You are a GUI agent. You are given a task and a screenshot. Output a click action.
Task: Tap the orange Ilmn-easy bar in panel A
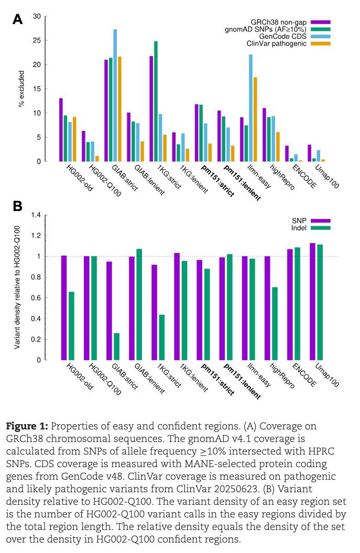tap(255, 119)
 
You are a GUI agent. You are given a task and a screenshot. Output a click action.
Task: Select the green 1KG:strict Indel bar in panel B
tap(162, 337)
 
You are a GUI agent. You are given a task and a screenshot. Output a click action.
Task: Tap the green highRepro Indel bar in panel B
tap(275, 323)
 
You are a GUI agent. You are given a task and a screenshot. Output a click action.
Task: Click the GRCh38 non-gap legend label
tap(279, 22)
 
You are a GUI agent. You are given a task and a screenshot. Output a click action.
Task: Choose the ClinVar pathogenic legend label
tap(277, 43)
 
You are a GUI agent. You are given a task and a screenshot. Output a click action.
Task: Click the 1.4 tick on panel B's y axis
tap(36, 215)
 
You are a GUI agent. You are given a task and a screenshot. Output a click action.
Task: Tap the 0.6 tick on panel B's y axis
tap(36, 298)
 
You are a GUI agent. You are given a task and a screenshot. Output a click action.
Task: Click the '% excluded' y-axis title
tap(21, 89)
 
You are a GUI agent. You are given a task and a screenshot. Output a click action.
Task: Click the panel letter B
tap(17, 206)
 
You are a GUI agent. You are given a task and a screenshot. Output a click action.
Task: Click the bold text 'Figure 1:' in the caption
tap(26, 426)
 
